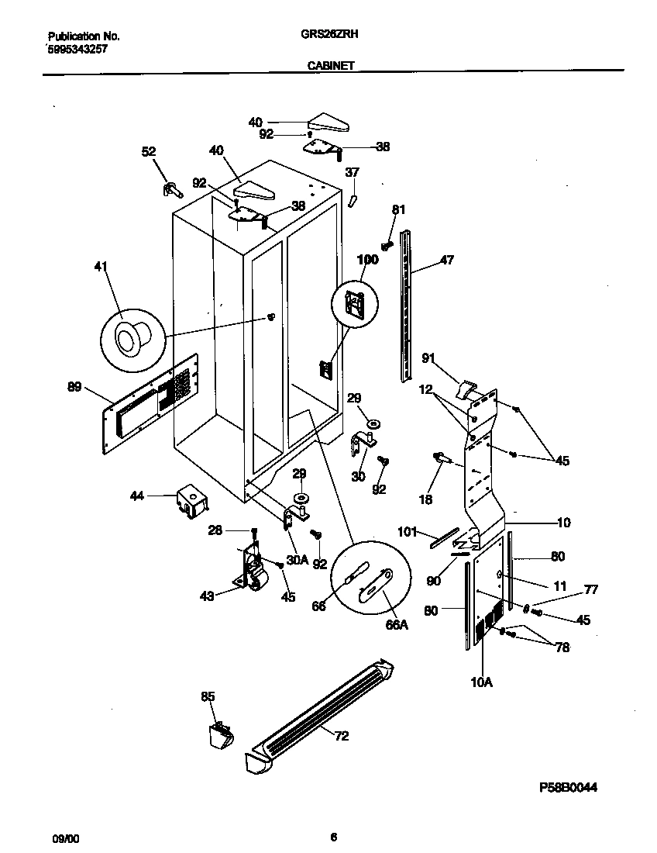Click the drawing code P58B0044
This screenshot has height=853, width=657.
tap(568, 787)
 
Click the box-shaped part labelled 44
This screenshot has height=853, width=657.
tap(191, 500)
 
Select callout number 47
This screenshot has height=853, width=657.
tap(447, 261)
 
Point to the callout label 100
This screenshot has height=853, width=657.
tap(367, 260)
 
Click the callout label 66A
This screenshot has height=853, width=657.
tap(397, 625)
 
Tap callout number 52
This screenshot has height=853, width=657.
tap(148, 152)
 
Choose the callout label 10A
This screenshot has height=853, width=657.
tap(482, 682)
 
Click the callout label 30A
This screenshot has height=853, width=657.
tap(297, 559)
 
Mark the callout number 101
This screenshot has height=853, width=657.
tap(407, 532)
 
